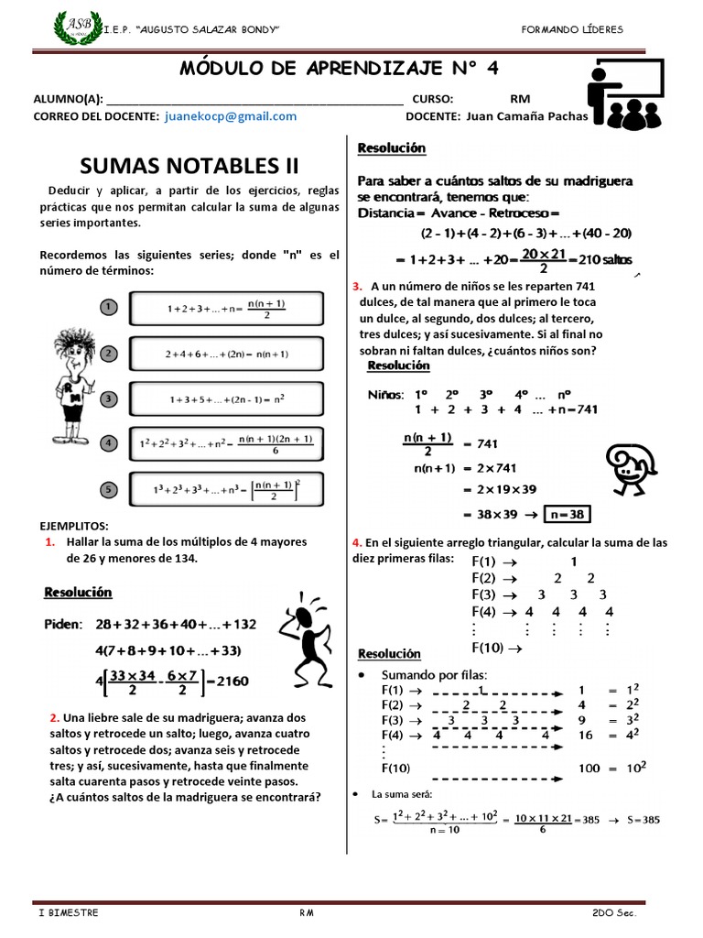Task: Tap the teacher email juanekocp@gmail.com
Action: click(x=231, y=116)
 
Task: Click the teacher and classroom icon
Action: click(x=626, y=95)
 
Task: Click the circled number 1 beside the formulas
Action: click(x=107, y=307)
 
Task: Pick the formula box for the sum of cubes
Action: click(x=226, y=489)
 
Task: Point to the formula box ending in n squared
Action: click(x=226, y=399)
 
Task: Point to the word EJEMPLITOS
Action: click(x=74, y=526)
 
